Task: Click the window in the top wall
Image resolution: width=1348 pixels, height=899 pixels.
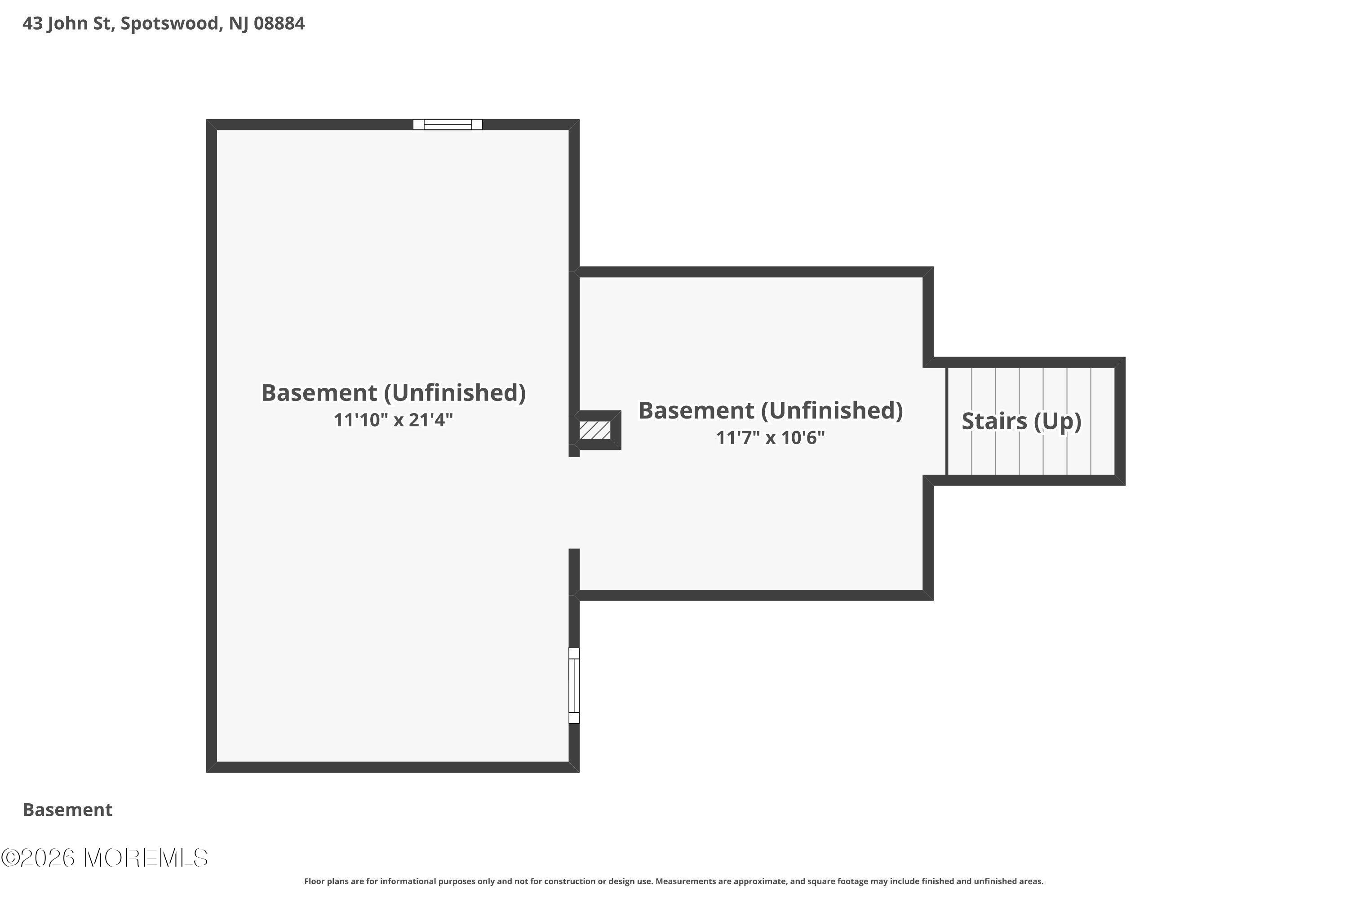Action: [x=447, y=125]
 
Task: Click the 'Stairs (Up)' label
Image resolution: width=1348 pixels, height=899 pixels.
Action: [x=1021, y=422]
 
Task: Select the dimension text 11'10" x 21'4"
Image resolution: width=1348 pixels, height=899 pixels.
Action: [x=393, y=420]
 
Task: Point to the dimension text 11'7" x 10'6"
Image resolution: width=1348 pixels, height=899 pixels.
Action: [x=770, y=438]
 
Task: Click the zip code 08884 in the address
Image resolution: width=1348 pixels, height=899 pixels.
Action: [x=279, y=23]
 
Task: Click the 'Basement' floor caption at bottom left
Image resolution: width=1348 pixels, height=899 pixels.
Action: [x=68, y=810]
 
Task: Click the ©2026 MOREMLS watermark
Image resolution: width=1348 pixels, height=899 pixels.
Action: [x=104, y=858]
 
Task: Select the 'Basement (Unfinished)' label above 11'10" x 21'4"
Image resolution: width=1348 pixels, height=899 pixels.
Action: [x=393, y=393]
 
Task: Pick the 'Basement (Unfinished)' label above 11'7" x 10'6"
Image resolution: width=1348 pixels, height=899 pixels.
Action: [x=770, y=410]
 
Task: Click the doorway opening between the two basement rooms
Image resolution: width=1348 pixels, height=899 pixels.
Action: [x=574, y=503]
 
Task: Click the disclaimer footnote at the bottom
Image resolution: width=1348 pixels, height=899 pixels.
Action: [x=674, y=881]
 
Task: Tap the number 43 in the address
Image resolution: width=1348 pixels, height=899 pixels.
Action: [x=32, y=23]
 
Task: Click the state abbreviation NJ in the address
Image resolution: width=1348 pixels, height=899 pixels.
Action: [x=239, y=23]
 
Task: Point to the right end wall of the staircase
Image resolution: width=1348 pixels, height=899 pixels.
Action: [x=1119, y=422]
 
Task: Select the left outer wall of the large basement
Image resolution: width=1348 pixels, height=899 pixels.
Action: [x=212, y=445]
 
